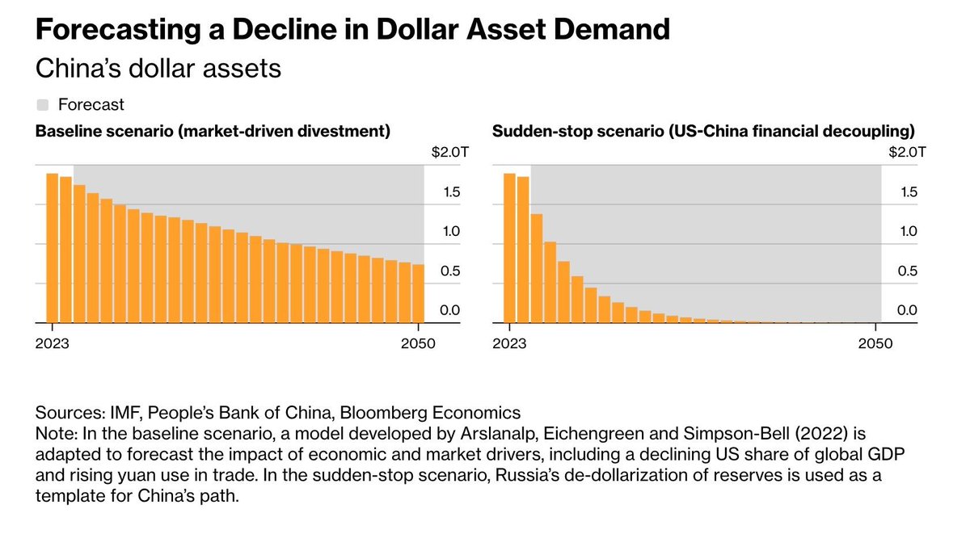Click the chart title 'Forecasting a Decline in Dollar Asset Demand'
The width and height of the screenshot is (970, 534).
[352, 30]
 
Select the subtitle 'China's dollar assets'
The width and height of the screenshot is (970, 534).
[158, 69]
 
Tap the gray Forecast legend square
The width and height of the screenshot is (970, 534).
[43, 104]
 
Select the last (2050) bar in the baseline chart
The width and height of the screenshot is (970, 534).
[418, 293]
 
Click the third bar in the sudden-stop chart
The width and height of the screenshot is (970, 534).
[536, 268]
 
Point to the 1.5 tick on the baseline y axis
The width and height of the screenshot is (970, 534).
[451, 192]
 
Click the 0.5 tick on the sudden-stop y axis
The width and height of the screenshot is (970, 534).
[909, 271]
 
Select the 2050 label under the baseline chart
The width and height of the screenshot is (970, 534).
[417, 343]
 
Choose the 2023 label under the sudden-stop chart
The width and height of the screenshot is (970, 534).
[509, 343]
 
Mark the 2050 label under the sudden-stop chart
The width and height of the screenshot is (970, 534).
[875, 343]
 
